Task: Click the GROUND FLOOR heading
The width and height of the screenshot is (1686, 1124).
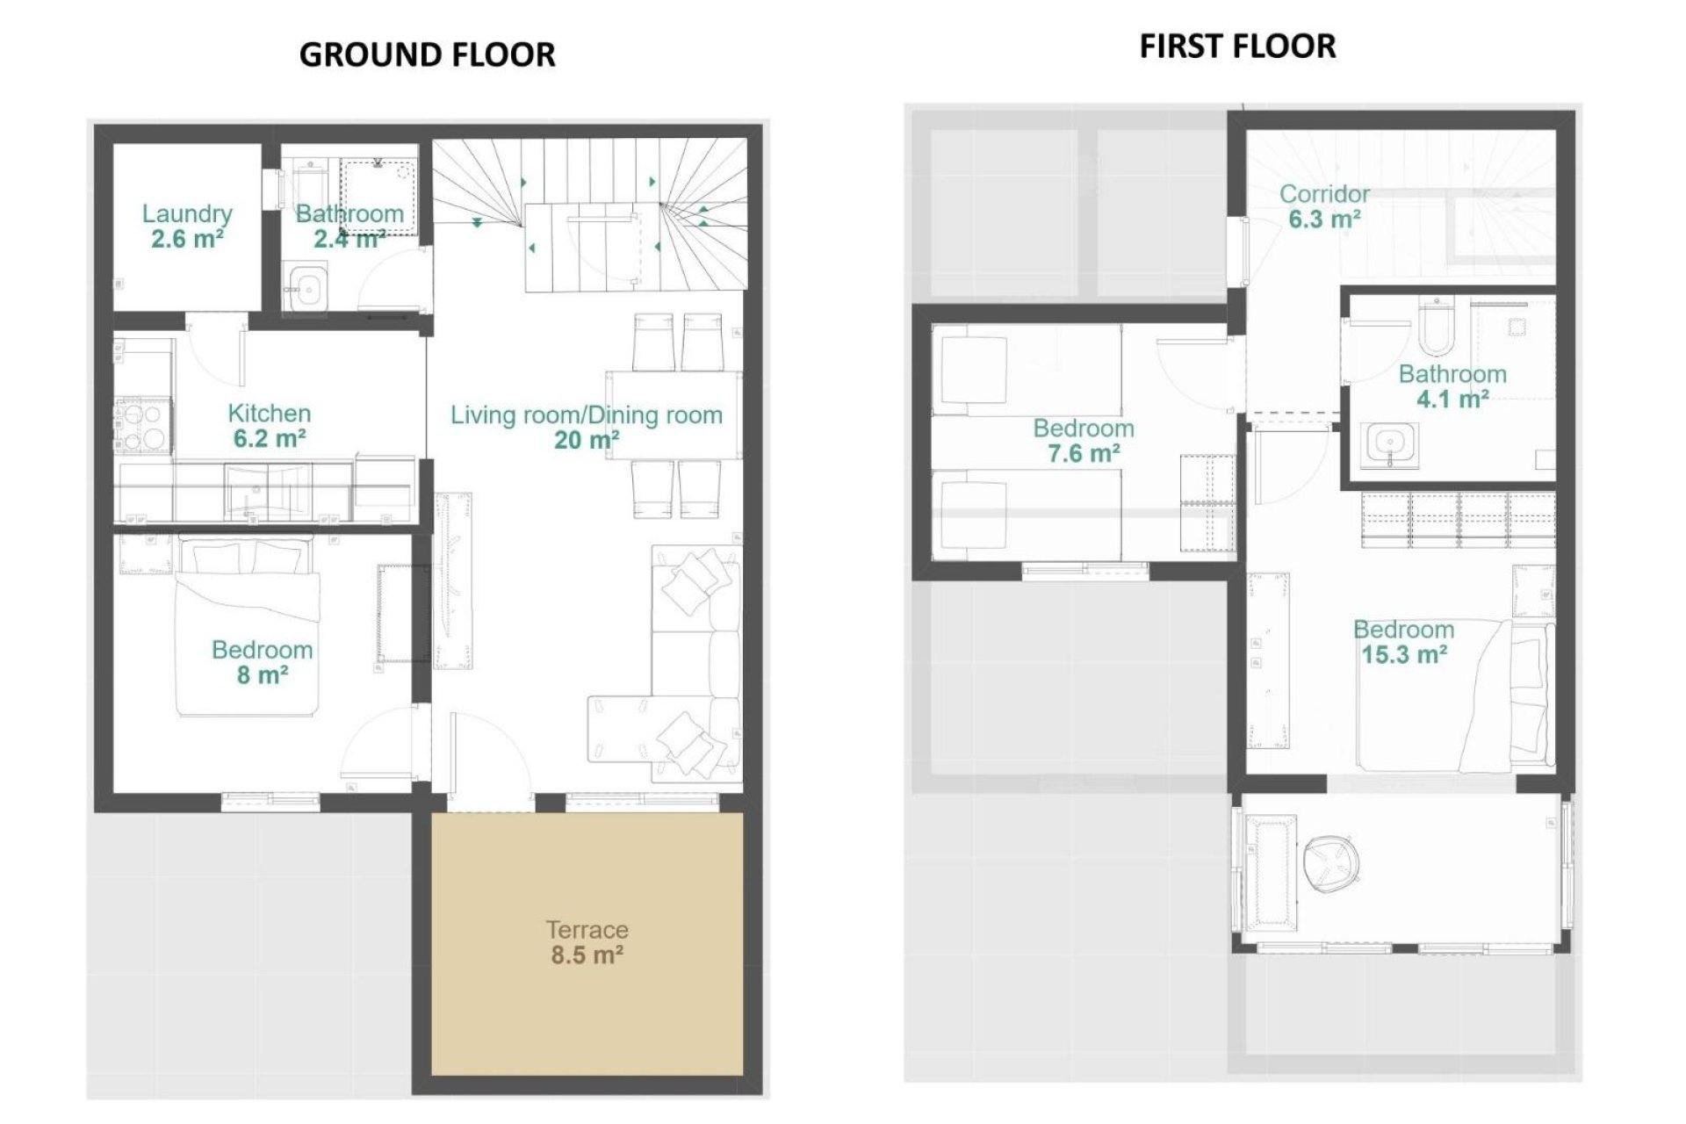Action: [x=427, y=54]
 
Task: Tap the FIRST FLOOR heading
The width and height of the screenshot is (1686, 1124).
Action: [x=1237, y=46]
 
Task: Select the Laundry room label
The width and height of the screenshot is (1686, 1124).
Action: [x=187, y=213]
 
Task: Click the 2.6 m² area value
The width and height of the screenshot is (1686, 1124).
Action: [x=187, y=239]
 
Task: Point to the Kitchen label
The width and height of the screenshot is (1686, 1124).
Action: [x=269, y=413]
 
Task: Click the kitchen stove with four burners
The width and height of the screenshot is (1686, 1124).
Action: [x=143, y=426]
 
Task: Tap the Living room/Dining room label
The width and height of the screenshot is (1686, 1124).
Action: [x=587, y=414]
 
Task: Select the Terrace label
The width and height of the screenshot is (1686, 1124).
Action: [x=587, y=929]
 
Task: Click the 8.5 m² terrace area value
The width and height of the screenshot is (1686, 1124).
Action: [x=587, y=955]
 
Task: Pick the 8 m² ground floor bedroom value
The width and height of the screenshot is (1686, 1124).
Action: [x=262, y=675]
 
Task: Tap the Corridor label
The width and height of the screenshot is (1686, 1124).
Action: [x=1324, y=193]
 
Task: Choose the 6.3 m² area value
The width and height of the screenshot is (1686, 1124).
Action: [x=1324, y=219]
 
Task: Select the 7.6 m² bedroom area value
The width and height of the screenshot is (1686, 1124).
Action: [x=1083, y=454]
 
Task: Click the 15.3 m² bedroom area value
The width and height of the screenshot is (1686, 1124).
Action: [x=1403, y=655]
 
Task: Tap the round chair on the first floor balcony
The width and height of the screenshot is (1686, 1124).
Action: [x=1331, y=859]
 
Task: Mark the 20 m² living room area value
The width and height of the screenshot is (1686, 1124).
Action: [x=587, y=440]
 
